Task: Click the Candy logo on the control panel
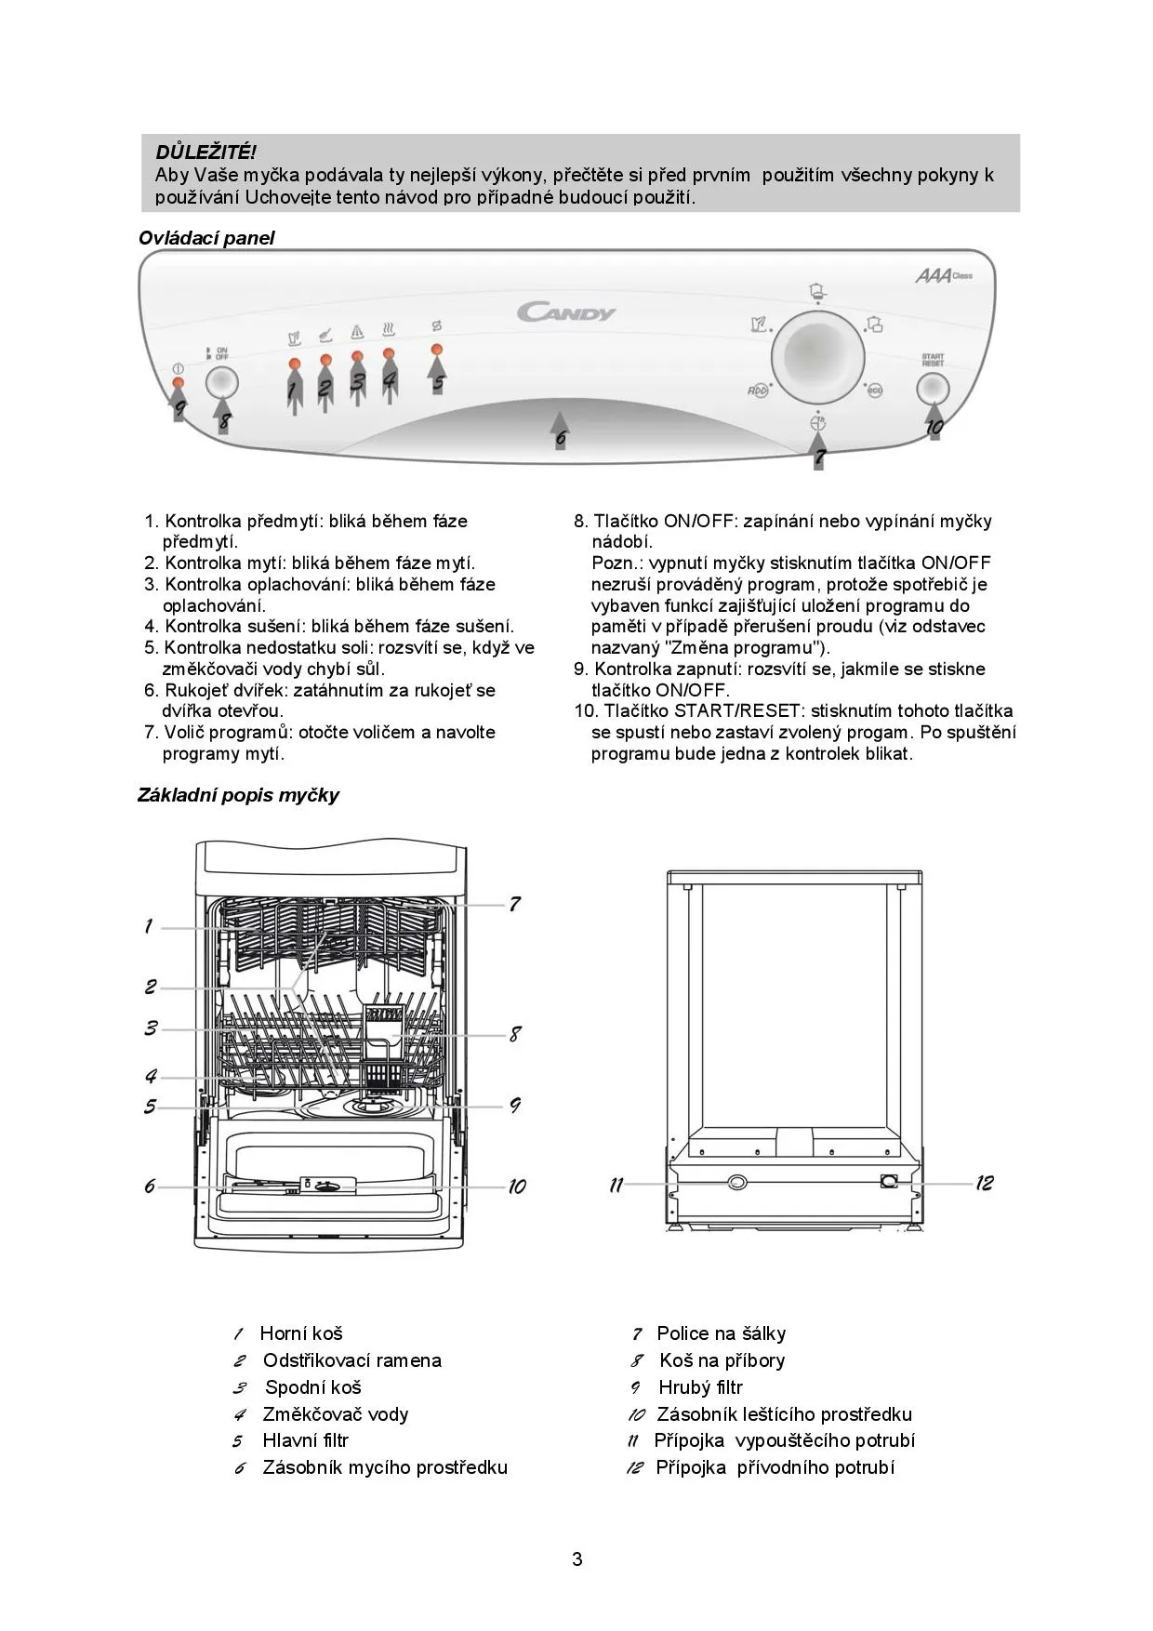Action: click(x=566, y=312)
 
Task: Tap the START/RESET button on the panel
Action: click(x=933, y=388)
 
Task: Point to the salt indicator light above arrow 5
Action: click(x=436, y=350)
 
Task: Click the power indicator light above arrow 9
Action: click(x=178, y=383)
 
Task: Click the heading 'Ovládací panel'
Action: click(x=206, y=238)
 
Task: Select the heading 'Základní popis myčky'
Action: click(x=238, y=795)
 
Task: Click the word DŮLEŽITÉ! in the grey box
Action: click(x=205, y=152)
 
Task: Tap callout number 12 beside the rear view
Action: click(x=984, y=1183)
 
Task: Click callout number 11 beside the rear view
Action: click(x=616, y=1185)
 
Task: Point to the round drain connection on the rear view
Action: click(x=736, y=1182)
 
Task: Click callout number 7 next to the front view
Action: click(x=514, y=903)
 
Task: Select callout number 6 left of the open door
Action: click(x=150, y=1187)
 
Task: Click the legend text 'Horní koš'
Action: click(x=301, y=1333)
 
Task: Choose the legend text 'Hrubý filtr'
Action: click(x=700, y=1387)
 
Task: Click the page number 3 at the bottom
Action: click(x=577, y=1559)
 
